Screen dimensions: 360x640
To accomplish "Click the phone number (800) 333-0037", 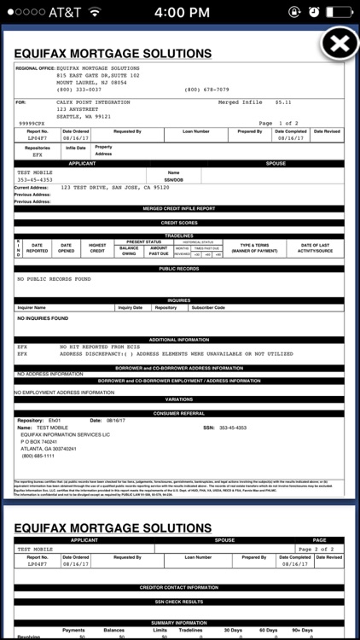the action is (x=78, y=89).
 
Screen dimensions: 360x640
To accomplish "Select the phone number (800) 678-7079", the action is (x=206, y=89).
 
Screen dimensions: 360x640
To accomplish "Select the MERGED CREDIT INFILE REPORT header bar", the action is (x=179, y=208).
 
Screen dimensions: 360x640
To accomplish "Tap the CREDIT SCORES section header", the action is (x=179, y=223).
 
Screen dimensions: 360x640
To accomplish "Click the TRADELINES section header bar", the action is (x=179, y=236).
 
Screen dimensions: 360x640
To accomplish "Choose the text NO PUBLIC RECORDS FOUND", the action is (x=54, y=279).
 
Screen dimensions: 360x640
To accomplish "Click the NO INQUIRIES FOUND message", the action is (x=43, y=318).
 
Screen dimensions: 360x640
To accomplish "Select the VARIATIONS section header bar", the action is (x=179, y=399).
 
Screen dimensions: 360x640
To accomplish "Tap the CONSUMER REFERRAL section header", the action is (x=179, y=413).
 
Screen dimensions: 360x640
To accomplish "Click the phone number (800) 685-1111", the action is (x=38, y=456).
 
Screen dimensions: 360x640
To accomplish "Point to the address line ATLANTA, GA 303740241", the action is (x=49, y=448).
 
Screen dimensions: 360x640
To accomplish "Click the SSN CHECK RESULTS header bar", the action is (x=179, y=602).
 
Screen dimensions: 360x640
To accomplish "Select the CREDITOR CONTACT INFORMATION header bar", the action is (x=179, y=587).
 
